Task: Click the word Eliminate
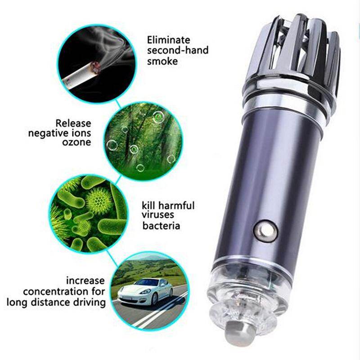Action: [x=168, y=40]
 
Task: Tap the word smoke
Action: [x=162, y=61]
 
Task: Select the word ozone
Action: [x=76, y=142]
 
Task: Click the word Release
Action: [x=73, y=123]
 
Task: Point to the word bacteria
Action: [x=161, y=226]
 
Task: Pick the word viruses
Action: [x=158, y=215]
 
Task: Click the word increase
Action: [x=85, y=280]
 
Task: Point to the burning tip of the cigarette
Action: [x=96, y=67]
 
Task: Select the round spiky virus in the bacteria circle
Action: [x=99, y=201]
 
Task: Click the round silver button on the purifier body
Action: [x=265, y=231]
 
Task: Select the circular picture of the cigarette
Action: [x=96, y=64]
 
